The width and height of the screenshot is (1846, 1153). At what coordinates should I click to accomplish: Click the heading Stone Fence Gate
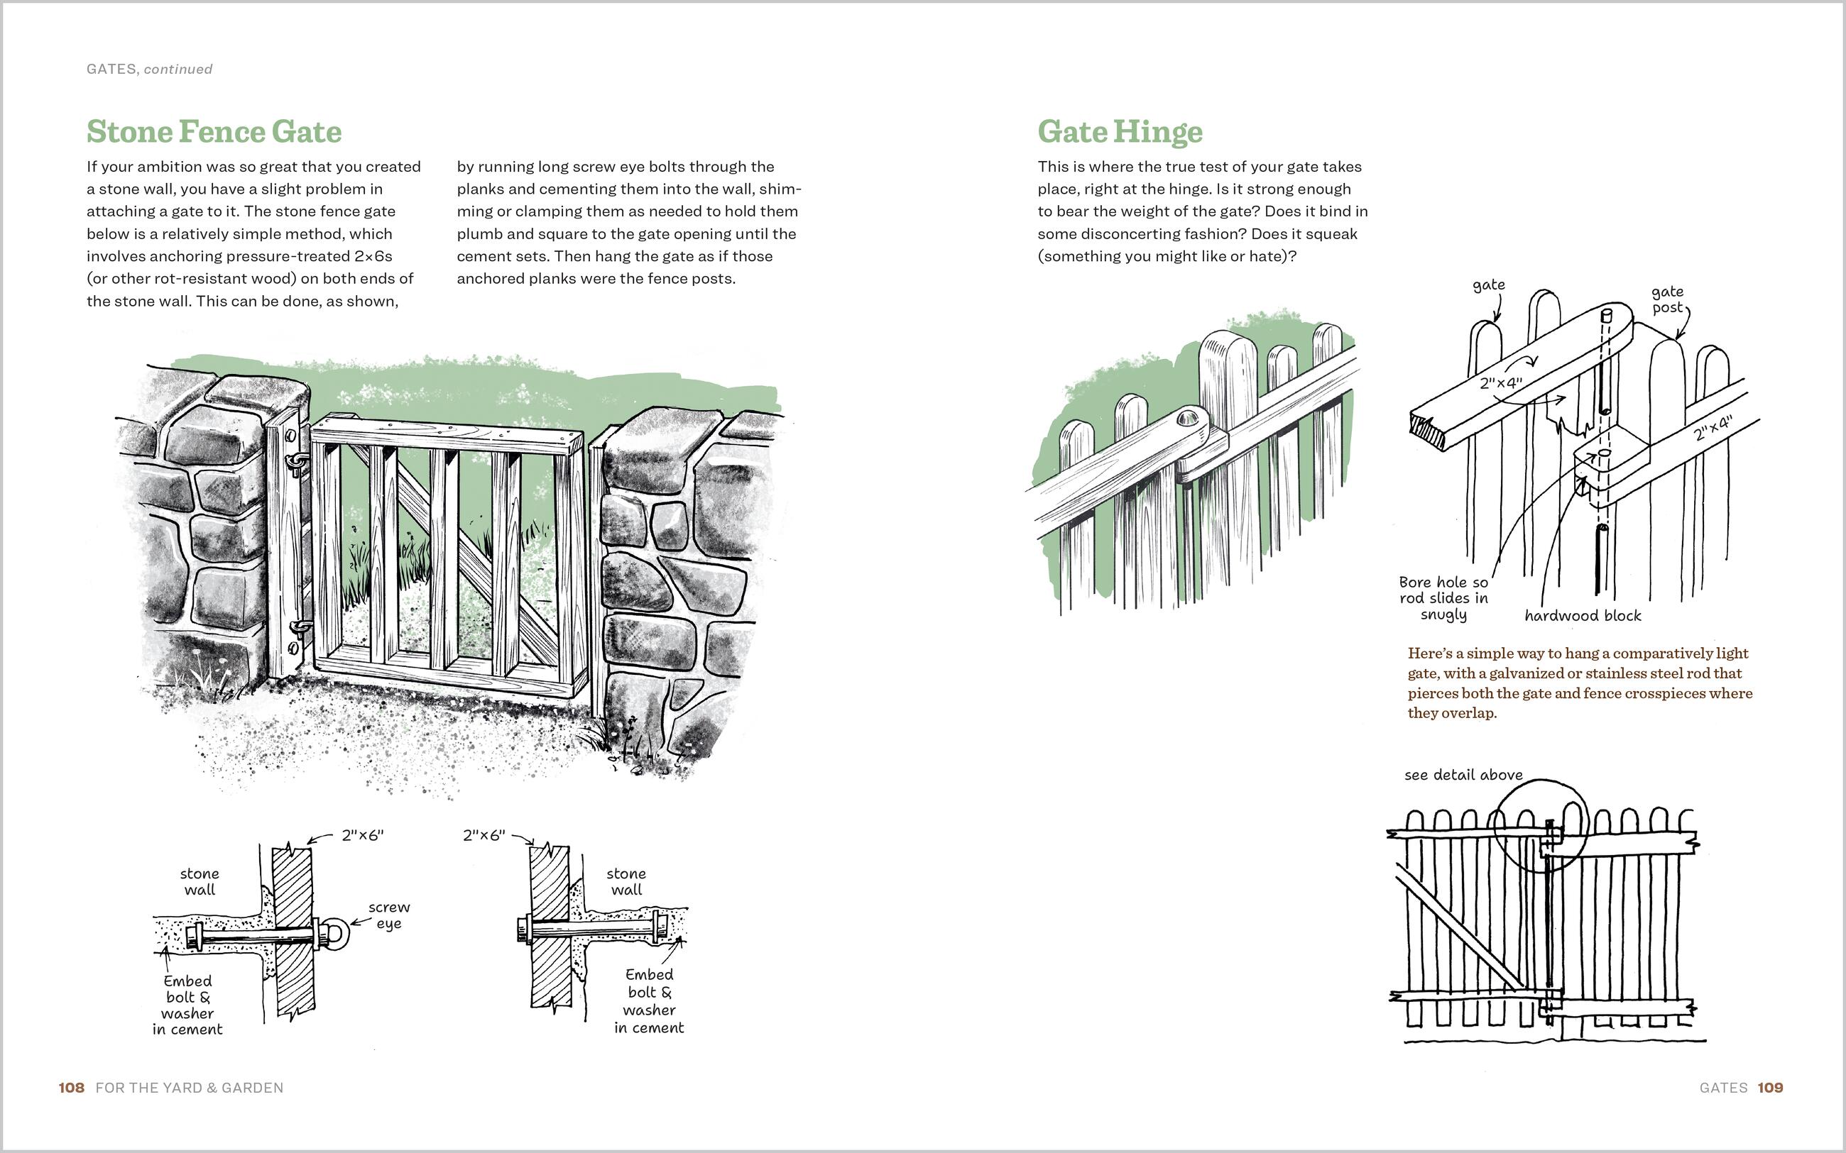[214, 131]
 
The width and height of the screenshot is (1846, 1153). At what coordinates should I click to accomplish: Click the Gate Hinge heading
[1119, 131]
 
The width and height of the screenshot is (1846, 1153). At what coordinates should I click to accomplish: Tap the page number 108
[71, 1088]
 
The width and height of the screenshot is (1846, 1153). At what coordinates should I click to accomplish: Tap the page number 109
[1771, 1088]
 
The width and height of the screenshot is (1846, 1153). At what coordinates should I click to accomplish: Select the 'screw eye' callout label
[389, 915]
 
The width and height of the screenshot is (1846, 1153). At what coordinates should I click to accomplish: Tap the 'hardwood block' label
[1582, 615]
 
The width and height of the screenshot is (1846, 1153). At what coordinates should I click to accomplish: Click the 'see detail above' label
[1463, 775]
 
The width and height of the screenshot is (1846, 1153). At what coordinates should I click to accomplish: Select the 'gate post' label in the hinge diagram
[1667, 299]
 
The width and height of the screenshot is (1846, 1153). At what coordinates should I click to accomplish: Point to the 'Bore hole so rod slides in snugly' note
[1443, 598]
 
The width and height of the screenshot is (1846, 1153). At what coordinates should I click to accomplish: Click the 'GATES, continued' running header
[150, 70]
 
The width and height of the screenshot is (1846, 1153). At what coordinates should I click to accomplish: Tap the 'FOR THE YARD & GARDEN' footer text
[189, 1088]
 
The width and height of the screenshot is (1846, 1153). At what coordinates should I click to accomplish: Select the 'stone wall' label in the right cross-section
[626, 881]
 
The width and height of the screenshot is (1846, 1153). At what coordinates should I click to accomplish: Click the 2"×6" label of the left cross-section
[362, 835]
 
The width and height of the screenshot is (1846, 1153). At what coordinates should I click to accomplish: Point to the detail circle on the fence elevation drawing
[1540, 826]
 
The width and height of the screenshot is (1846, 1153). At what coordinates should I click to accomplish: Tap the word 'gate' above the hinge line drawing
[1488, 285]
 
